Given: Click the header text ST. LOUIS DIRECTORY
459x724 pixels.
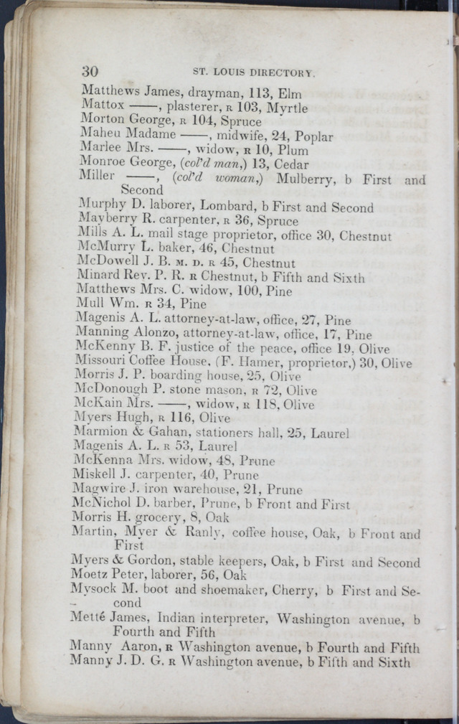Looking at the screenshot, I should click(255, 72).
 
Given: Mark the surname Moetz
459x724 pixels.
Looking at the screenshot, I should click(87, 575).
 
